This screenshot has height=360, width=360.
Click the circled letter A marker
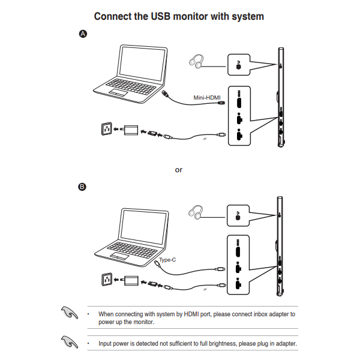[83, 34]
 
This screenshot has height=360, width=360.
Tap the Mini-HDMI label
[208, 97]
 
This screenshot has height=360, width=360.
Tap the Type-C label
[167, 259]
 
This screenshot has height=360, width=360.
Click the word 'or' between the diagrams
[178, 170]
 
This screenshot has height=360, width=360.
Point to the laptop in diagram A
[131, 72]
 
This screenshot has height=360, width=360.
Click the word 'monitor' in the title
[184, 16]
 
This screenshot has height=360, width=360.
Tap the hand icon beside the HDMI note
[70, 313]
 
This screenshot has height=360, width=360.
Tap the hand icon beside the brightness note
[70, 342]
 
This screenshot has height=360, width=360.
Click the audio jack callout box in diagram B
[239, 215]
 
